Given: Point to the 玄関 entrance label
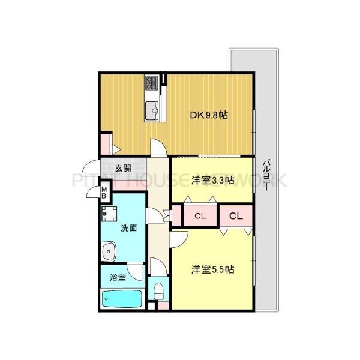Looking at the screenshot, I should (123, 168).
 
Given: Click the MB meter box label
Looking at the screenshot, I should (104, 194).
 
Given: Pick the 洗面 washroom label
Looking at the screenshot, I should (128, 228).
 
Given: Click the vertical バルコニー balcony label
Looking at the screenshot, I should (266, 174).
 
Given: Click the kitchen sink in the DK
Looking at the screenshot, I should (152, 110).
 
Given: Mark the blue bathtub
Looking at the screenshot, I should (122, 298).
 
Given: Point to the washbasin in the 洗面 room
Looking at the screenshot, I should (109, 250).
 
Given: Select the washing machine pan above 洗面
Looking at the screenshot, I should (109, 213).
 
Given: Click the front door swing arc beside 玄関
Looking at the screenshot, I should (90, 169).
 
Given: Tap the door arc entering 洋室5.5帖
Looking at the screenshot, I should (178, 239).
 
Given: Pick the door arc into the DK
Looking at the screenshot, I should (158, 146).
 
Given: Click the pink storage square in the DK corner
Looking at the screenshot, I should (106, 143).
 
